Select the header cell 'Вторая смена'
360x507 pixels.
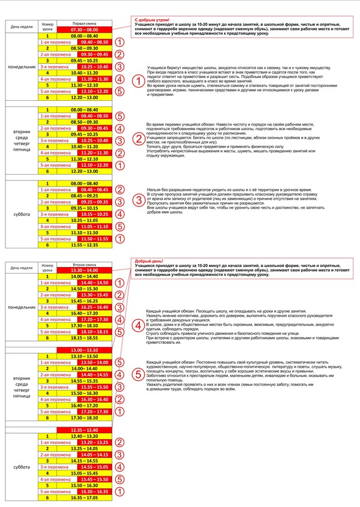(84, 264)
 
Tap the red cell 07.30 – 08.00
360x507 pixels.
(84, 29)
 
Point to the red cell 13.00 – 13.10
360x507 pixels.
(84, 350)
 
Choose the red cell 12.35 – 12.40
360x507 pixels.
(84, 430)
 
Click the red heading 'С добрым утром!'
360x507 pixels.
(152, 20)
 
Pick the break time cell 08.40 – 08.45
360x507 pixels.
(94, 189)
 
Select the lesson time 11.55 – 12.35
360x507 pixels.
(84, 245)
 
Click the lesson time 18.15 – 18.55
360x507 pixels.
(84, 338)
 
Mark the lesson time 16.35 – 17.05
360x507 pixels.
(84, 497)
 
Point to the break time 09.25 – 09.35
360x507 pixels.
(94, 202)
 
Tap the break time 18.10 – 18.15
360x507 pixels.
(94, 331)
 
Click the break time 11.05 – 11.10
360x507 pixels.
(94, 226)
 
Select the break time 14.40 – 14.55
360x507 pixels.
(94, 374)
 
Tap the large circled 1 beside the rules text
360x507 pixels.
(138, 81)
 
